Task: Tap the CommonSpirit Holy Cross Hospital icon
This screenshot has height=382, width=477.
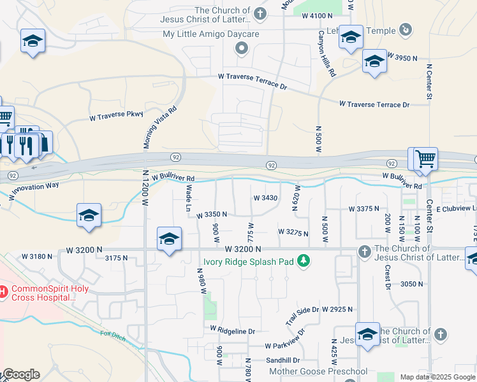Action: pyautogui.click(x=3, y=292)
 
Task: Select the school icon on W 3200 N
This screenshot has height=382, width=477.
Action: pyautogui.click(x=169, y=239)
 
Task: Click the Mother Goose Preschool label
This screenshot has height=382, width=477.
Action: pyautogui.click(x=318, y=371)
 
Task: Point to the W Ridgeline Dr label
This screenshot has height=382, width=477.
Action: pyautogui.click(x=232, y=331)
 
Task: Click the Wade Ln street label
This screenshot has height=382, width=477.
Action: pyautogui.click(x=189, y=197)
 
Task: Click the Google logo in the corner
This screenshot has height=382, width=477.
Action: pyautogui.click(x=20, y=374)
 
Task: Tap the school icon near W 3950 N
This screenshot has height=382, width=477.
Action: pyautogui.click(x=374, y=62)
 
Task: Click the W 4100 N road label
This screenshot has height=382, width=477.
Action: pyautogui.click(x=318, y=15)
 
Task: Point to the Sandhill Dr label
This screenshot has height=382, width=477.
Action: pyautogui.click(x=269, y=360)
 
